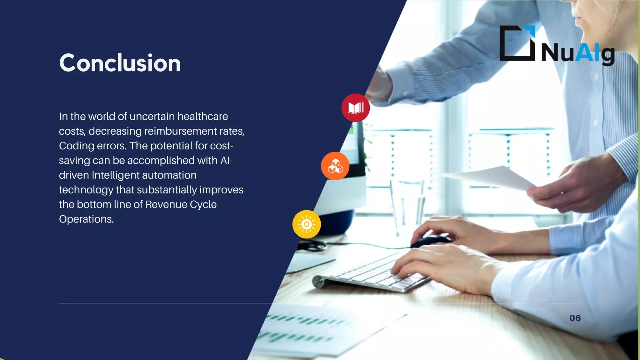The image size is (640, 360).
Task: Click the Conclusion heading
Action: pyautogui.click(x=120, y=63)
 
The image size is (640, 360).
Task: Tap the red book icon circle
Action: pyautogui.click(x=355, y=108)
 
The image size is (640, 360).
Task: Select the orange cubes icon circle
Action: pyautogui.click(x=335, y=166)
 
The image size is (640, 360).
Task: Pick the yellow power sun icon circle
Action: pyautogui.click(x=307, y=224)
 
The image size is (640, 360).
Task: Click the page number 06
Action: pyautogui.click(x=575, y=318)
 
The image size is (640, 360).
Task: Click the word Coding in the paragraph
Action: pyautogui.click(x=77, y=146)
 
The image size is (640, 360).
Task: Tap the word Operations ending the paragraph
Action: pyautogui.click(x=86, y=219)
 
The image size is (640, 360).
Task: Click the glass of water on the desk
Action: pyautogui.click(x=407, y=203)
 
